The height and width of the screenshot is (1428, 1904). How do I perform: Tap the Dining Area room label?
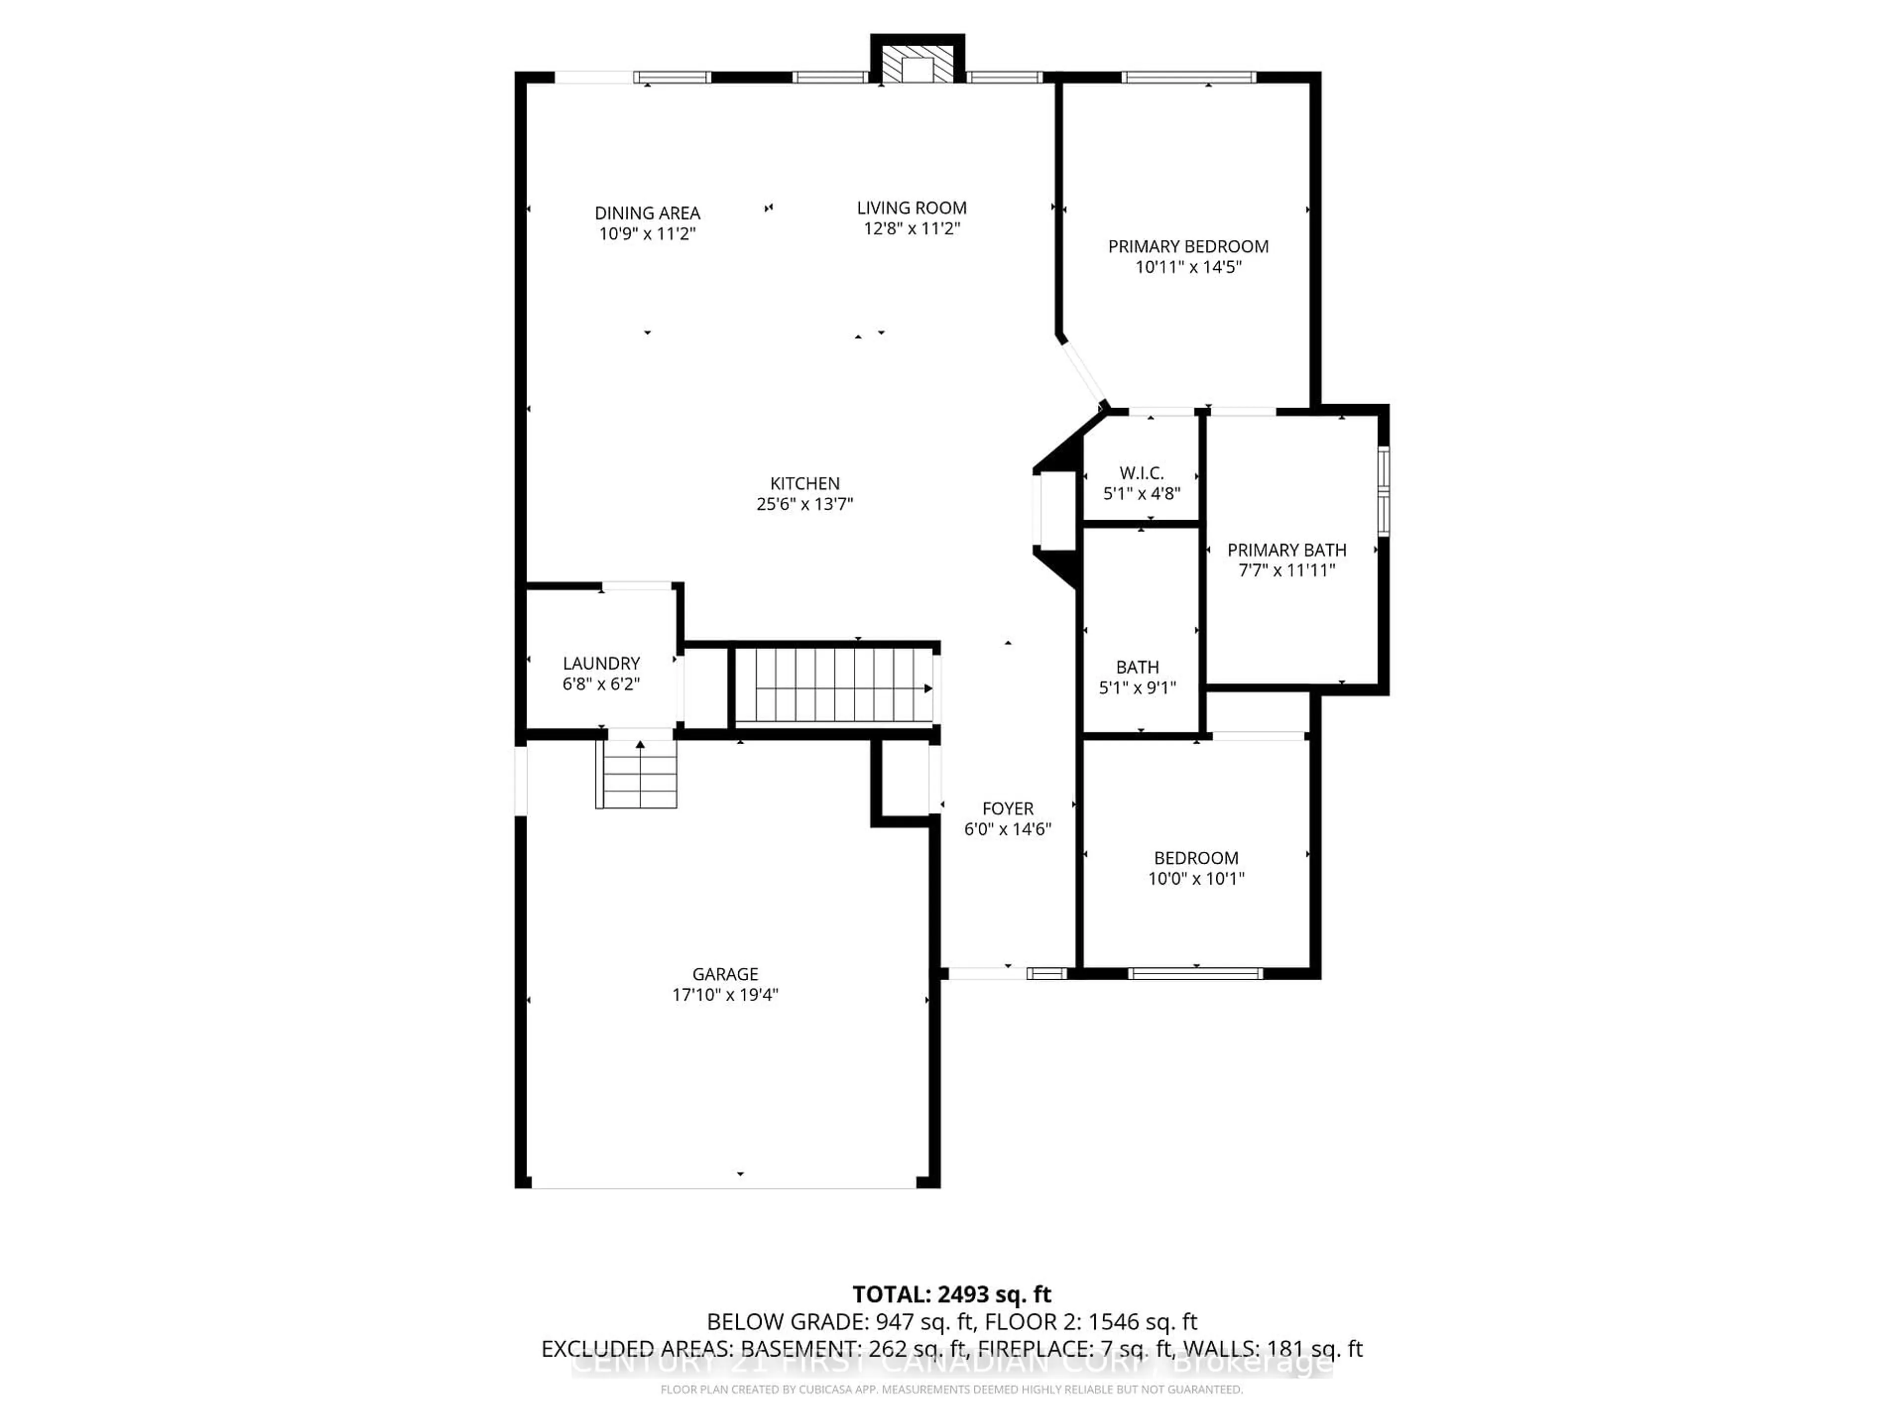coord(647,213)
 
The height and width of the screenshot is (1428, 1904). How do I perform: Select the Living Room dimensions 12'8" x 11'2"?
coord(911,228)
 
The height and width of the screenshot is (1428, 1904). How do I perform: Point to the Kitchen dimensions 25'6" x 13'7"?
coord(804,504)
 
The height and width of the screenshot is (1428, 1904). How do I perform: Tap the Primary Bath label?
coord(1286,550)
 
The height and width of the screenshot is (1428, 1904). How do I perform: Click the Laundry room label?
coord(601,663)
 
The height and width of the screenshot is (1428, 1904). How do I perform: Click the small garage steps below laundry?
coord(638,774)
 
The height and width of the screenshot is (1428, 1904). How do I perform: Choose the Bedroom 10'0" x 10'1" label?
coord(1195,868)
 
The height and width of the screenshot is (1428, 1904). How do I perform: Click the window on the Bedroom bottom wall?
coord(1195,973)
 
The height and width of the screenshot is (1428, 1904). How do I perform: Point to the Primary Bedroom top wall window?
coord(1188,77)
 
